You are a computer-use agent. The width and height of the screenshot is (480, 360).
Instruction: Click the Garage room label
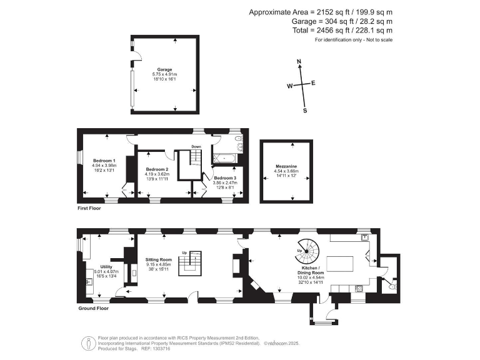165,69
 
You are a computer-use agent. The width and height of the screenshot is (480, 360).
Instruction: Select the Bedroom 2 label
157,169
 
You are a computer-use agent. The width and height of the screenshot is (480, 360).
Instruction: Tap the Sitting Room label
159,259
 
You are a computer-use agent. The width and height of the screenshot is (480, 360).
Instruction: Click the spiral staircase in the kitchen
306,251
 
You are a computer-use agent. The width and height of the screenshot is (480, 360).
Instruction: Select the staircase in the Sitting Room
190,262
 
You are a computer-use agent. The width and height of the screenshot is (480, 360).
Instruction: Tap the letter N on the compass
299,62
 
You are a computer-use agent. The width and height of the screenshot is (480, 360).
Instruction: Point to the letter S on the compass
305,111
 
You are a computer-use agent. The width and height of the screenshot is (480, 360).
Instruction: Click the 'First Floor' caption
88,208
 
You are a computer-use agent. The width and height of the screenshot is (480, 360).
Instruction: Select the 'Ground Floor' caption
94,308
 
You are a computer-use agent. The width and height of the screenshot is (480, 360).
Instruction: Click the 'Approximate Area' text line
321,12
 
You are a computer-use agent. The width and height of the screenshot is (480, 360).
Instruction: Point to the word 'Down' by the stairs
196,147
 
